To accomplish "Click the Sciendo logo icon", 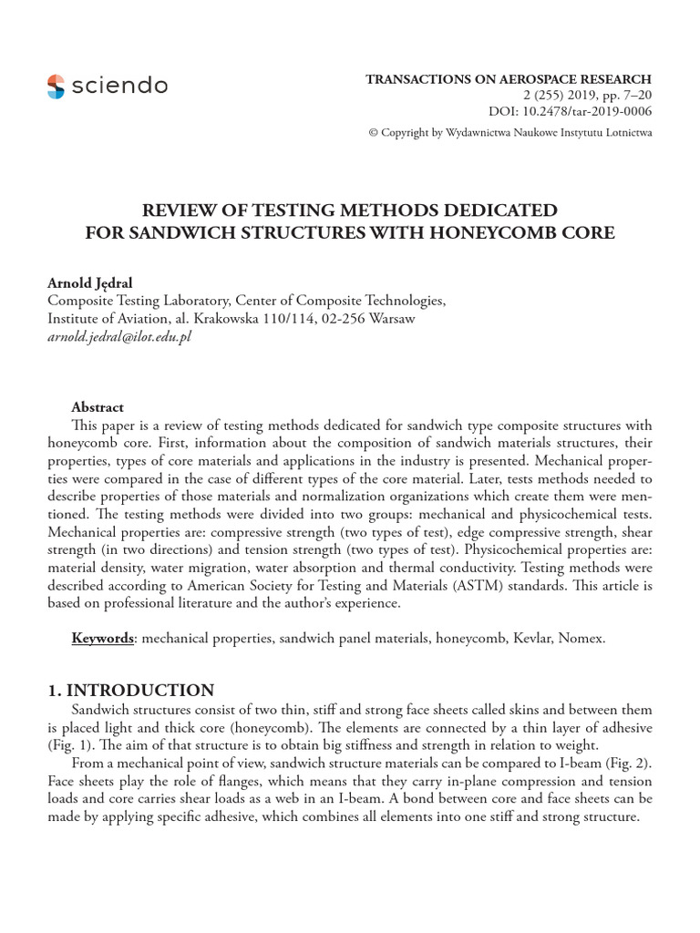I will click(56, 87).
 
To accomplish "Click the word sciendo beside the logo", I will click(118, 87).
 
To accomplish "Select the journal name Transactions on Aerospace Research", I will click(509, 79).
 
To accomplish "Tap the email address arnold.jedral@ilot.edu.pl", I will click(119, 336).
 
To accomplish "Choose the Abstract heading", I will click(98, 407).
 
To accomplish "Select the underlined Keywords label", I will click(102, 638).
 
